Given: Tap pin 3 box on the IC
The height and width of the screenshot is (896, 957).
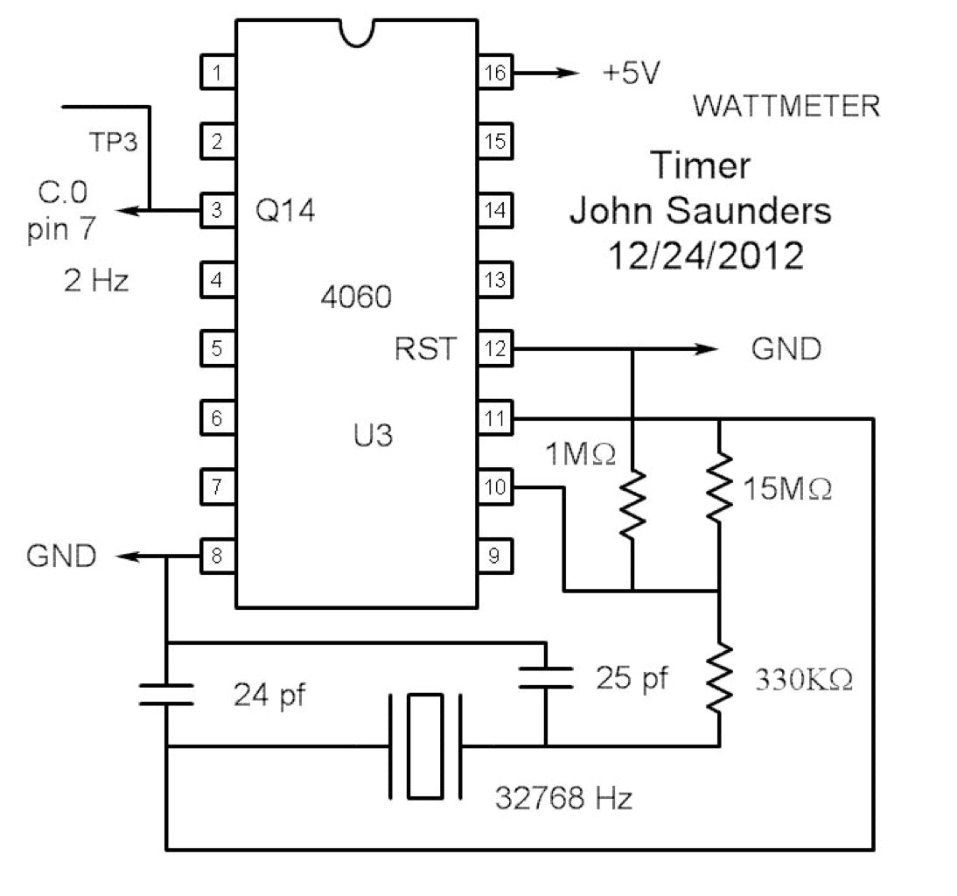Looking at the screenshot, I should click(x=217, y=211).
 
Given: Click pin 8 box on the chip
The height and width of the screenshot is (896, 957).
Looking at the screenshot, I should click(x=217, y=556).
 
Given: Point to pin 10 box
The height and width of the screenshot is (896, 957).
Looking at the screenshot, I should click(x=496, y=487).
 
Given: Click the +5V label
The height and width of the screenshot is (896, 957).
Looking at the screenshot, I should click(x=631, y=74).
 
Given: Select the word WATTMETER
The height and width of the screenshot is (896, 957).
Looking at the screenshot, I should click(x=786, y=107).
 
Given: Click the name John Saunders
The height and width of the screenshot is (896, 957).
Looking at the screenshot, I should click(x=701, y=210).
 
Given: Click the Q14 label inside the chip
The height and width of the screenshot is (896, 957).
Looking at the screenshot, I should click(x=284, y=211).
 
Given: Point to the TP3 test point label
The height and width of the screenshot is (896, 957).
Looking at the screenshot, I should click(x=114, y=142).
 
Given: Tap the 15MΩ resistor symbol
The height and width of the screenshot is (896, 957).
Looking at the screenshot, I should click(x=718, y=483).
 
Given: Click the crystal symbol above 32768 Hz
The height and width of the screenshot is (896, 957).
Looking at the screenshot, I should click(x=425, y=746).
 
